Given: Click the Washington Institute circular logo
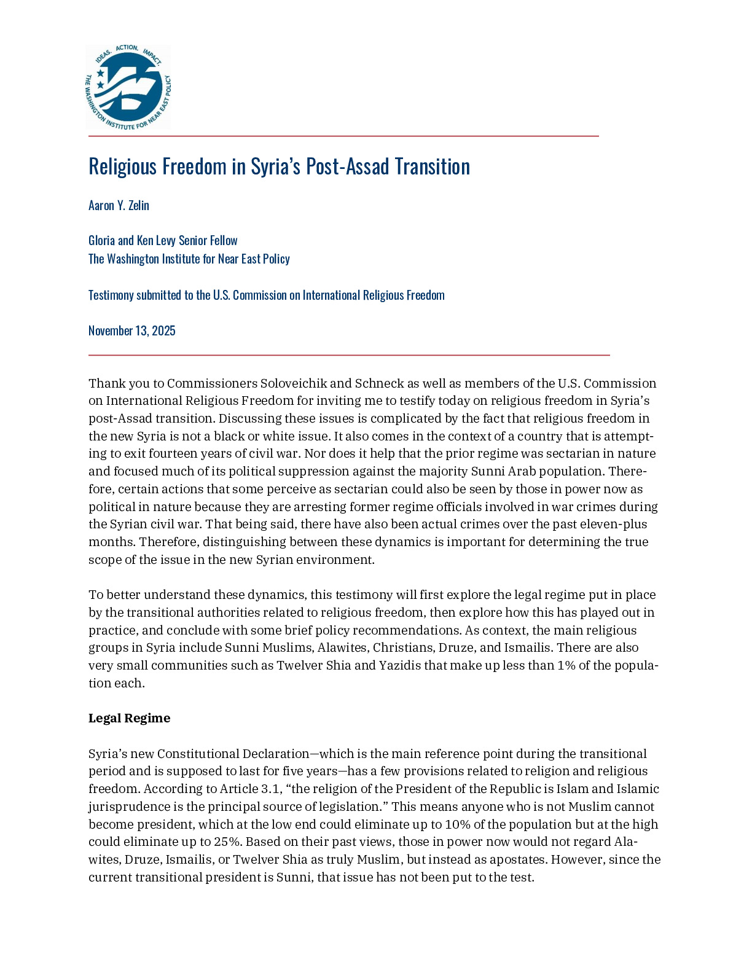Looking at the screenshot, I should click(x=128, y=87).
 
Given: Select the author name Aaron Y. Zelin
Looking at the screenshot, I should click(x=119, y=205).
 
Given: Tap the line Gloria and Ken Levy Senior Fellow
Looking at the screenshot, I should click(x=163, y=240).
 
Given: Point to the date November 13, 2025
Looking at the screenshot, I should click(x=132, y=330).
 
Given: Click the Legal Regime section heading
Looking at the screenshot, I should click(x=129, y=718).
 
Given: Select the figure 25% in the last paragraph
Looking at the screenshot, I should click(x=227, y=842).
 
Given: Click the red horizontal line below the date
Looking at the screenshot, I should click(x=349, y=355).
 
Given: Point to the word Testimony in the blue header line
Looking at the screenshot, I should click(x=111, y=295).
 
